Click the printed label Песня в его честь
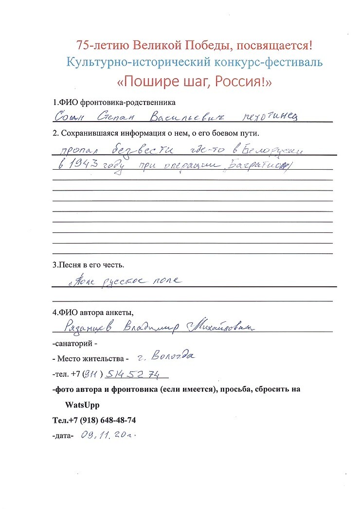pyautogui.click(x=89, y=265)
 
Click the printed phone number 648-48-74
pyautogui.click(x=115, y=420)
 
